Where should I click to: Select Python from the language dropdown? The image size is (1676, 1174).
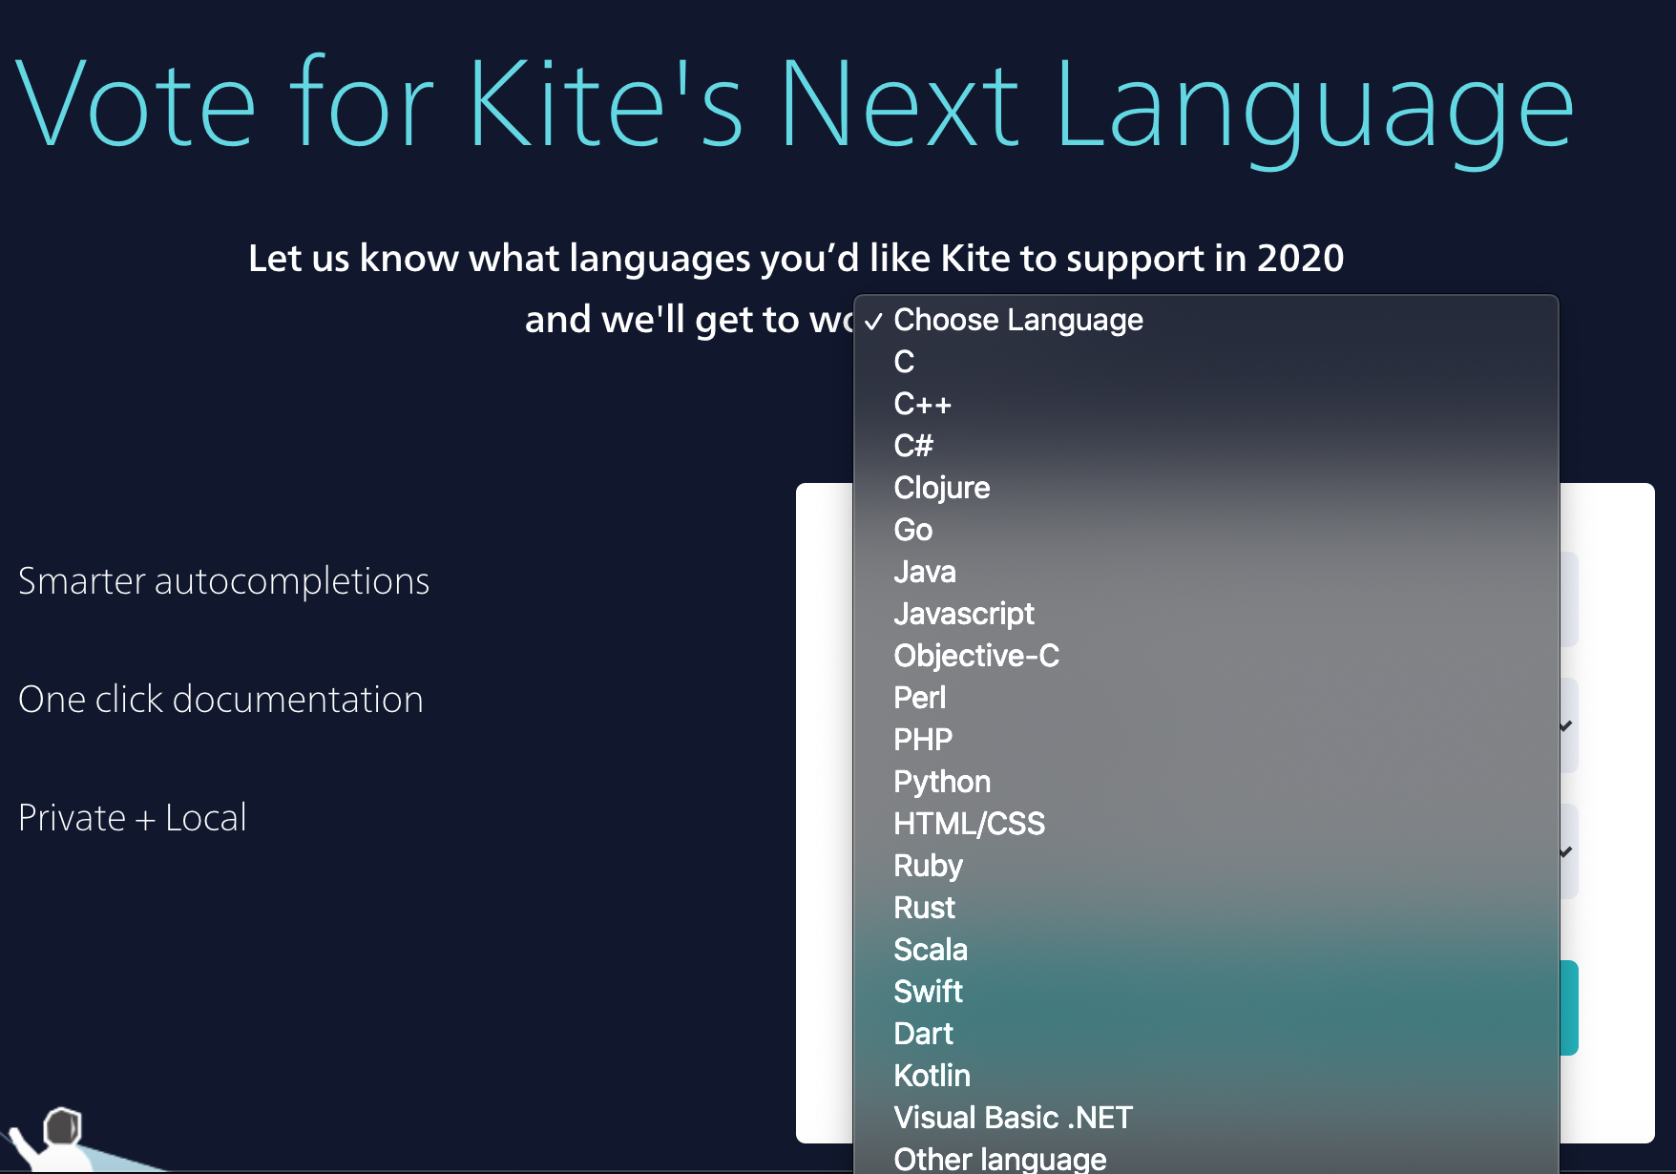[942, 782]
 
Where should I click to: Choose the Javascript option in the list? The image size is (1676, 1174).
[964, 614]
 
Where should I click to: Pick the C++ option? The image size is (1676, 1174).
[922, 404]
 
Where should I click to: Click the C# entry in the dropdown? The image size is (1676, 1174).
[913, 446]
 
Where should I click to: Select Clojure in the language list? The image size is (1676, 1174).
[942, 488]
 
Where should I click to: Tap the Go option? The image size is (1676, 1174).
[912, 530]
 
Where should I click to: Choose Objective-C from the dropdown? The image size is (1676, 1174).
[976, 656]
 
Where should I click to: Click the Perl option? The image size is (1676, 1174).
[919, 698]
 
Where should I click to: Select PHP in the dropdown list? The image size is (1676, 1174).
[923, 740]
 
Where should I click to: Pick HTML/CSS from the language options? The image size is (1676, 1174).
[969, 824]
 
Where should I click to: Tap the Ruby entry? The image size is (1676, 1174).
[928, 866]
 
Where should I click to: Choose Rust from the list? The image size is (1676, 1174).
[924, 908]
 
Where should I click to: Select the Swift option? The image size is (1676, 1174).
[928, 992]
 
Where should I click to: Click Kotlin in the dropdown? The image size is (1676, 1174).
[932, 1076]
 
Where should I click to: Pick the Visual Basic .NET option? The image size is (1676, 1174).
[1013, 1118]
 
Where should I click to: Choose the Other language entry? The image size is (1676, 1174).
[999, 1159]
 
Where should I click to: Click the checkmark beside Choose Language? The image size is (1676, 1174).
[873, 322]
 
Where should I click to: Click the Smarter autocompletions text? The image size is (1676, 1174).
[223, 581]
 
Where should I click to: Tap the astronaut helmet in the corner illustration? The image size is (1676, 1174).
[63, 1126]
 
